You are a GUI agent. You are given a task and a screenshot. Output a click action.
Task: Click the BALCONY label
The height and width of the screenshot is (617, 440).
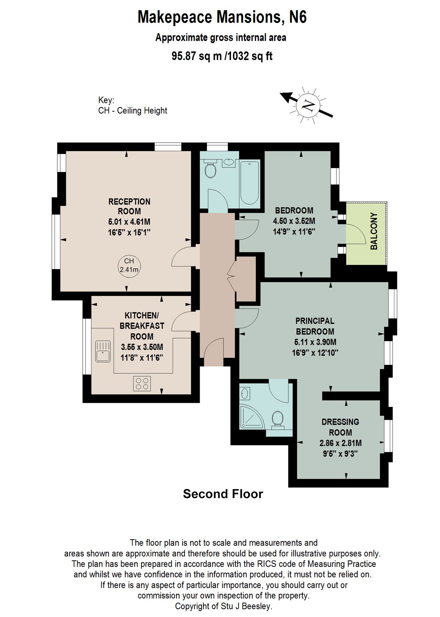374,231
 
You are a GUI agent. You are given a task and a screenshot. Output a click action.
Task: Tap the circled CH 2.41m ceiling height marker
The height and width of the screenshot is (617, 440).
129,265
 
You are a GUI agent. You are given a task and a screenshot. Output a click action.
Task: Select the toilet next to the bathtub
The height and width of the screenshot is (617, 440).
210,170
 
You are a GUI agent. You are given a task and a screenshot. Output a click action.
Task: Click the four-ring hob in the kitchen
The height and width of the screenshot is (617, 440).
142,383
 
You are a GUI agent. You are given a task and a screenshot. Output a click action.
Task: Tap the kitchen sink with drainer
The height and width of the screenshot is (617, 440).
103,351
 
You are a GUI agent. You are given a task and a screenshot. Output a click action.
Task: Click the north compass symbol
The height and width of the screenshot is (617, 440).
307,105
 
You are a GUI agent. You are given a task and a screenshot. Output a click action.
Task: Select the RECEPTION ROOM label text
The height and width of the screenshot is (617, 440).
129,206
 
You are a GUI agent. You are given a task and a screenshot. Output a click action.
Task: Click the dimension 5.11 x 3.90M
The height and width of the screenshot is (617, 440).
315,342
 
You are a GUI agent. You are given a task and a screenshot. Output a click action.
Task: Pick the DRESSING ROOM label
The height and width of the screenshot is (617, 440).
340,427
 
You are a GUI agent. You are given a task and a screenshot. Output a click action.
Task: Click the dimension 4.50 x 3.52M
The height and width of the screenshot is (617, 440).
294,221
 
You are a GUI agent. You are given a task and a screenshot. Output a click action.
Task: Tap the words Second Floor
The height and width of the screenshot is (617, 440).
223,494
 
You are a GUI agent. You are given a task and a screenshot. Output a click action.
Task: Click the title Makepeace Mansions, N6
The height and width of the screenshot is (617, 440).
222,17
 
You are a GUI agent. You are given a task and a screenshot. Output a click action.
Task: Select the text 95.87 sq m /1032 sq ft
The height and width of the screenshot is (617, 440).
222,56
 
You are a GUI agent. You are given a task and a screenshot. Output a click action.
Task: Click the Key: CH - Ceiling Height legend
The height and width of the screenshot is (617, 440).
132,106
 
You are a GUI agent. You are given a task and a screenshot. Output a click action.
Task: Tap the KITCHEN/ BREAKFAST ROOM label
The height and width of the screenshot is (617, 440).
142,326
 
